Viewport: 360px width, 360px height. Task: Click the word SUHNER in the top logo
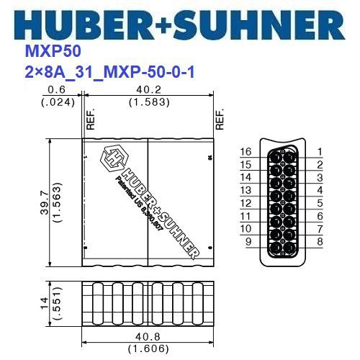(263, 25)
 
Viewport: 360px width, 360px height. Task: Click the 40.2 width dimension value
(148, 90)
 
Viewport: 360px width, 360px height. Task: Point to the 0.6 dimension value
(56, 90)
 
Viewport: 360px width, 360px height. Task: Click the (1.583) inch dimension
(148, 102)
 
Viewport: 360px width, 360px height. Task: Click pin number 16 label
(245, 153)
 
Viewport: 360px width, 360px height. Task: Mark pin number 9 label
(248, 241)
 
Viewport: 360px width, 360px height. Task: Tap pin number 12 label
(245, 203)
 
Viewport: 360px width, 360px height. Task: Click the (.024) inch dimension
(56, 102)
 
